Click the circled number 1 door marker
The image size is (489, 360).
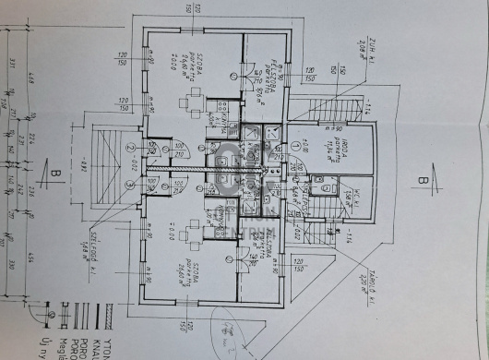click(294, 147)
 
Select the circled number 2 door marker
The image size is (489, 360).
click(131, 147)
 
